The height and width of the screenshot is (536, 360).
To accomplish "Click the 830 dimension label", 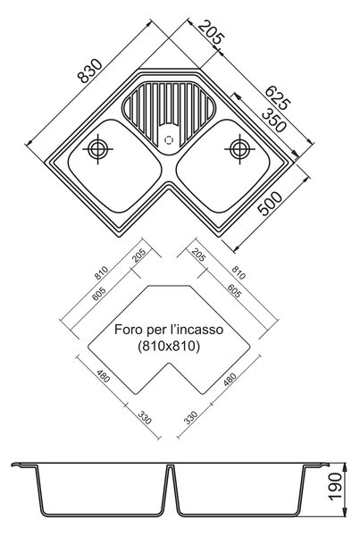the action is click(x=90, y=71).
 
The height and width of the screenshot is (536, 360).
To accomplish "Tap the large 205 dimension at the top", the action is click(x=211, y=32).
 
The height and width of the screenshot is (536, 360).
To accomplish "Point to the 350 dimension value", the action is click(x=273, y=120).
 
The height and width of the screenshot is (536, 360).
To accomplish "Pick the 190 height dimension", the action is click(x=335, y=487).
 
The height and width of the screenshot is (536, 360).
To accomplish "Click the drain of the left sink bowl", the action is click(x=97, y=149).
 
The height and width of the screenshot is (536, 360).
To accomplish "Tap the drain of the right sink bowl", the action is click(x=239, y=149).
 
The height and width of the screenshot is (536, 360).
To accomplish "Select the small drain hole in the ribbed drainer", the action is click(x=169, y=140).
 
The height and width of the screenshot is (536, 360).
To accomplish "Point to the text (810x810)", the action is click(x=169, y=347).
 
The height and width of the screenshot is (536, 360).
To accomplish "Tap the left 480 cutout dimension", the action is click(x=104, y=376).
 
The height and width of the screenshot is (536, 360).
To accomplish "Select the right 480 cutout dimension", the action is click(x=230, y=380).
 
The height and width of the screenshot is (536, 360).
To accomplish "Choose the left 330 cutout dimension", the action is click(x=145, y=417).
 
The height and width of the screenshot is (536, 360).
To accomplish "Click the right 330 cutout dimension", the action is click(x=191, y=418).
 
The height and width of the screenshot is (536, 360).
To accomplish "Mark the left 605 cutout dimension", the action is click(x=99, y=293).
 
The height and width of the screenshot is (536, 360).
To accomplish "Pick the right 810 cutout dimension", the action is click(x=239, y=272).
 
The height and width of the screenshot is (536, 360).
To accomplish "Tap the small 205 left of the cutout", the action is click(x=138, y=255).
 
